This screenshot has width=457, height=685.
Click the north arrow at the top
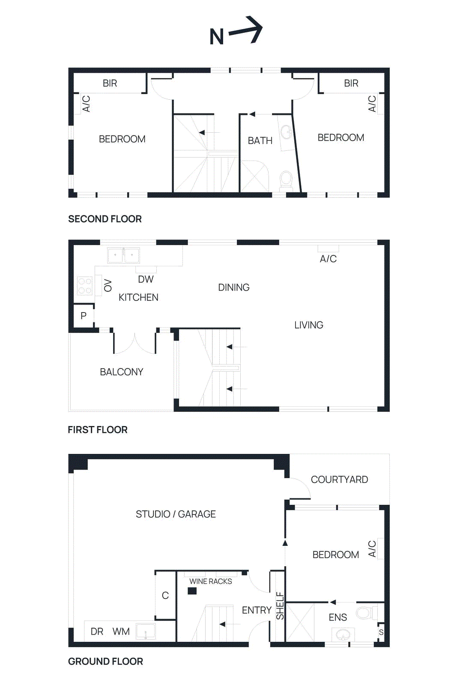coord(245,31)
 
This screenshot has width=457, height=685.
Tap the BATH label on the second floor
coord(260,140)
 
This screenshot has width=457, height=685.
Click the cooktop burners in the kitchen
coord(84,286)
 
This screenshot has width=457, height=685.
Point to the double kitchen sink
coord(123,256)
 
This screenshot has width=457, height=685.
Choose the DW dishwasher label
coord(146,279)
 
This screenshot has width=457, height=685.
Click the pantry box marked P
coord(84,316)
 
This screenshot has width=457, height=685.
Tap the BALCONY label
coord(121,372)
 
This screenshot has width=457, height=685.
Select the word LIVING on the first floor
coord(308,325)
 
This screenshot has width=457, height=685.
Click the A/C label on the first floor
coord(328,259)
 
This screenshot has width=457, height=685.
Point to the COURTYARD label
coord(339,479)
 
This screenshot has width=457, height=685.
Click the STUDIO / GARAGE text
coord(176,514)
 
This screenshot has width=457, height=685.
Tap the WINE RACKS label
coord(210,581)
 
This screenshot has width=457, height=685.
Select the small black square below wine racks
coord(192,591)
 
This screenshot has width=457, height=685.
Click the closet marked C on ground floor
coord(165,595)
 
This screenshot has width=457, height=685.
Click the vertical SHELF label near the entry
coord(280,605)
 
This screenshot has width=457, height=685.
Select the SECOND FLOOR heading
coord(105,219)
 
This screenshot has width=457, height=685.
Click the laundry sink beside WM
coord(146,631)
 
